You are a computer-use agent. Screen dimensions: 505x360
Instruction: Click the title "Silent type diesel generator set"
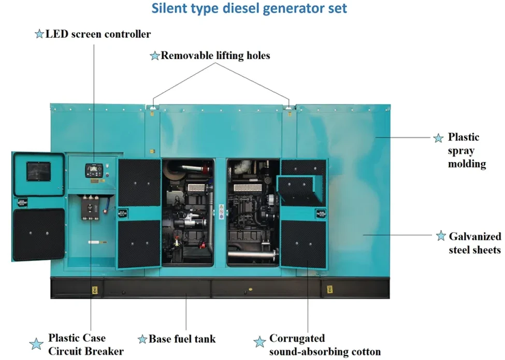coord(249,8)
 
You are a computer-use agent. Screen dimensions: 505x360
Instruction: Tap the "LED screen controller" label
coord(98,34)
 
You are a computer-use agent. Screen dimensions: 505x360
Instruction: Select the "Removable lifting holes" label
coord(215,55)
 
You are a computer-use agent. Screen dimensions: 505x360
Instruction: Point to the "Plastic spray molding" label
coord(467,150)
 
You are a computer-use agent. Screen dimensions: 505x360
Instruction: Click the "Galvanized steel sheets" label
coord(475,243)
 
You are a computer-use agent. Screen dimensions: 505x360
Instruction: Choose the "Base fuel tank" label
coord(182,339)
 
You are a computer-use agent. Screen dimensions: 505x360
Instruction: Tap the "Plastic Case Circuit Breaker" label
coord(85,344)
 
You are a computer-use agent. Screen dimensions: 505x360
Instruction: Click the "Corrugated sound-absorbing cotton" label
coord(325,345)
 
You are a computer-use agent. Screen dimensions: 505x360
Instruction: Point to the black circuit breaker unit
coord(90,208)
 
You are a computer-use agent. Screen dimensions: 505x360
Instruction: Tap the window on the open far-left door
coord(39,171)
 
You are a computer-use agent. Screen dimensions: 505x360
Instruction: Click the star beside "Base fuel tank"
coord(142,339)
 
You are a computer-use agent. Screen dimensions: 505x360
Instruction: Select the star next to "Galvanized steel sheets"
coord(441,236)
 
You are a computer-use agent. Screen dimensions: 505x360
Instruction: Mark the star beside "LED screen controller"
coord(39,34)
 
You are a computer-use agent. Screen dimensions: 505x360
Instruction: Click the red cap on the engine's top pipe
coord(205,169)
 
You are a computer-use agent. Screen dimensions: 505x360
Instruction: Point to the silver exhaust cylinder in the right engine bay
coord(253,256)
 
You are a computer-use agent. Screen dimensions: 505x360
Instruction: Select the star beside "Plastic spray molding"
coord(438,138)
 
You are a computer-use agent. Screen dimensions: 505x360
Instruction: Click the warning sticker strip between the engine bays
coord(221,211)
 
